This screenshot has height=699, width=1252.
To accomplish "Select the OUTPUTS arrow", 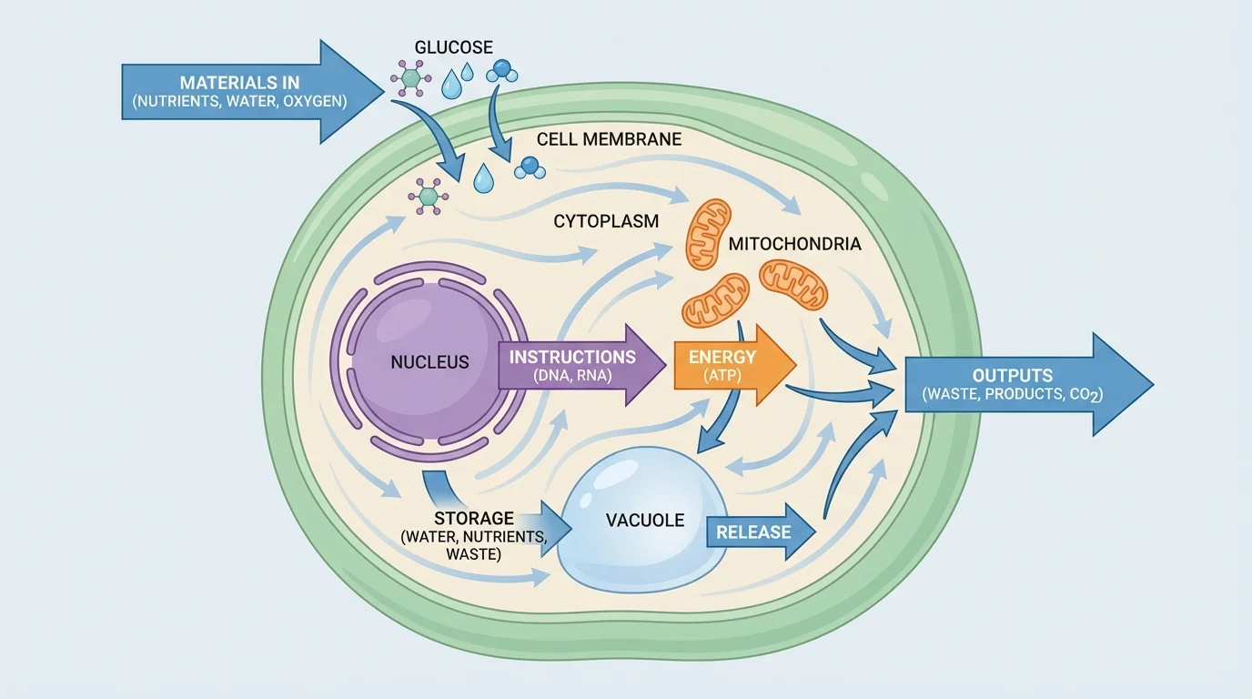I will (x=1019, y=385).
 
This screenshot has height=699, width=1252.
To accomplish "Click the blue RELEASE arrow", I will (x=761, y=532).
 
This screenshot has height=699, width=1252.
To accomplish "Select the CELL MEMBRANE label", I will (x=609, y=139).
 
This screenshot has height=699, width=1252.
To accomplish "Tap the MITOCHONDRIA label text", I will (x=794, y=244).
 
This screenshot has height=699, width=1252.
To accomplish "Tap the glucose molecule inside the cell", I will (x=425, y=195).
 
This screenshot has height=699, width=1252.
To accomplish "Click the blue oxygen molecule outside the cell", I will (x=500, y=71).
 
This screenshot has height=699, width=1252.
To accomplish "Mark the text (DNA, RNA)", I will (x=573, y=375).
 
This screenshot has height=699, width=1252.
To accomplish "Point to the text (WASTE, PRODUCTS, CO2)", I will (x=999, y=395).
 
